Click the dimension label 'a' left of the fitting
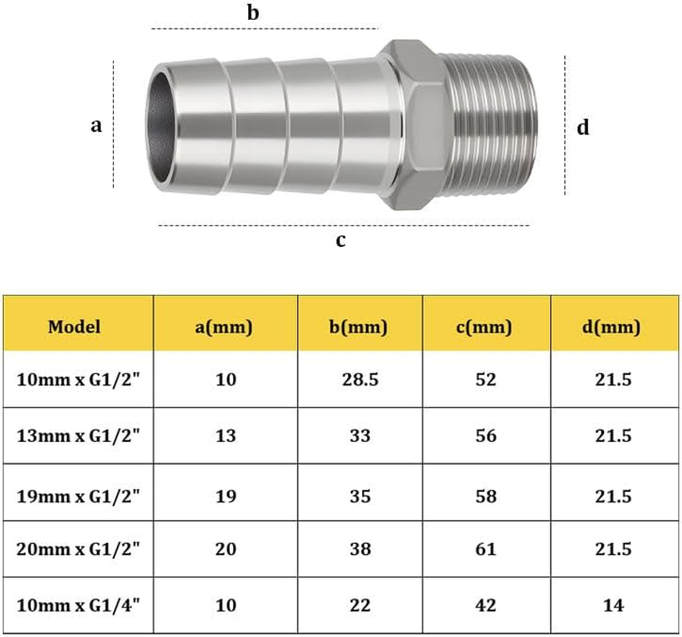pyautogui.click(x=96, y=126)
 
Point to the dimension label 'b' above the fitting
pyautogui.click(x=253, y=14)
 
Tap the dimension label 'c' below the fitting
pyautogui.click(x=340, y=240)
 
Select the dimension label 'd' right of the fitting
pyautogui.click(x=583, y=127)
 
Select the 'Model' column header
pyautogui.click(x=74, y=326)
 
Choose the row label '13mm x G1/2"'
pyautogui.click(x=79, y=436)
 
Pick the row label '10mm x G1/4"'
pyautogui.click(x=79, y=605)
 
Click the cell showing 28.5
pyautogui.click(x=359, y=380)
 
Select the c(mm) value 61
pyautogui.click(x=485, y=549)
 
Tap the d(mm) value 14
pyautogui.click(x=613, y=605)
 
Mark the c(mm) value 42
pyautogui.click(x=485, y=605)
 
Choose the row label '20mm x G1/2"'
pyautogui.click(x=79, y=549)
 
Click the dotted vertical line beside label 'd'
pyautogui.click(x=565, y=125)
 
